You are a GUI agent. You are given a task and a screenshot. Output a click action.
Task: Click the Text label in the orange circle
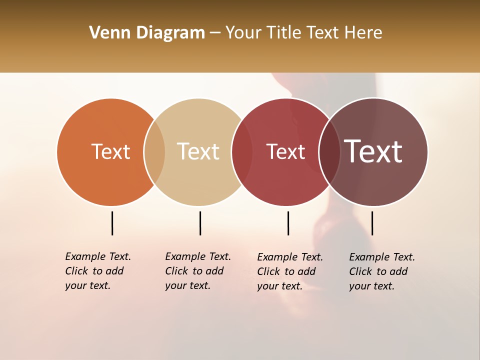tap(110, 151)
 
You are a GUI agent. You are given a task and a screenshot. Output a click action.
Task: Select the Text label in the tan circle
tap(198, 151)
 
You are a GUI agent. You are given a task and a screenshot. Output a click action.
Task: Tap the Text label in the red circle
tap(285, 151)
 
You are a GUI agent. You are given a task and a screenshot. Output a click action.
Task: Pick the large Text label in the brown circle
tap(373, 151)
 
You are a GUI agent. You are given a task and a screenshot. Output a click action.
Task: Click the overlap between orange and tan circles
tap(154, 152)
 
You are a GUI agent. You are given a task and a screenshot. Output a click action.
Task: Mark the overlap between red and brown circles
tap(329, 152)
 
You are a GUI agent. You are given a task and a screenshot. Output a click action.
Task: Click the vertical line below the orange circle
tap(112, 223)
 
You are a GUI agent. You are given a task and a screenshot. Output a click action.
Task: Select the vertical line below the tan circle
tap(200, 223)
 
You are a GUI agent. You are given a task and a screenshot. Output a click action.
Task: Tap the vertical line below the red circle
tap(288, 223)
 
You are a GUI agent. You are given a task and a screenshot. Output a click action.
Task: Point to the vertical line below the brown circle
tap(372, 223)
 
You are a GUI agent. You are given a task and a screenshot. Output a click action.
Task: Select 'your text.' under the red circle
tap(280, 286)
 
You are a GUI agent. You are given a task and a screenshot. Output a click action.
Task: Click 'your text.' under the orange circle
tap(88, 285)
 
